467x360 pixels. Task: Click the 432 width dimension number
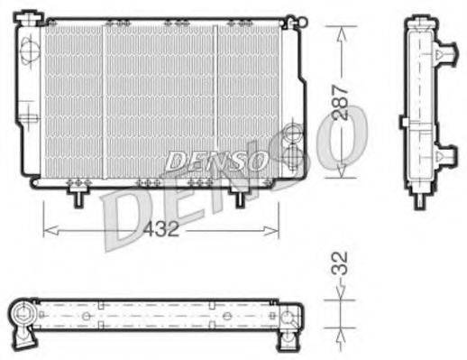click(x=162, y=229)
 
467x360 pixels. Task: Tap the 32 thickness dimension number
click(x=339, y=266)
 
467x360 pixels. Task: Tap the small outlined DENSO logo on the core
click(x=215, y=161)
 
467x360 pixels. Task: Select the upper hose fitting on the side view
click(x=443, y=56)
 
